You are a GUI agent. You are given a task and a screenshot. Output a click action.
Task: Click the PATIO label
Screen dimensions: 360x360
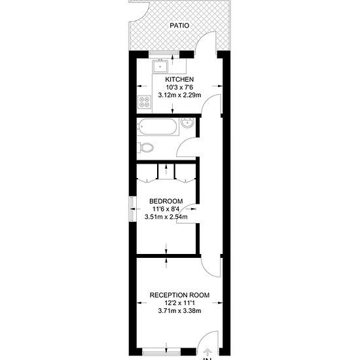click(179, 26)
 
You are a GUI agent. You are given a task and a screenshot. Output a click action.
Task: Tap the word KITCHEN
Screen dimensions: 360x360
click(179, 80)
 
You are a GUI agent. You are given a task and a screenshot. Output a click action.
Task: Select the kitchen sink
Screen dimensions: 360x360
click(160, 65)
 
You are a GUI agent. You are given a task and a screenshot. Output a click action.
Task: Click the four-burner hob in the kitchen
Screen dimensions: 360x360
click(143, 102)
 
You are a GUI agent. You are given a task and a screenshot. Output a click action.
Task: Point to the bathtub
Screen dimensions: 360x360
click(158, 127)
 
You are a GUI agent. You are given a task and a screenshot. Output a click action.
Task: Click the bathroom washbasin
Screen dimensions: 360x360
click(187, 124)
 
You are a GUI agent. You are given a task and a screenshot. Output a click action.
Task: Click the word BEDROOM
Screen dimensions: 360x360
click(166, 202)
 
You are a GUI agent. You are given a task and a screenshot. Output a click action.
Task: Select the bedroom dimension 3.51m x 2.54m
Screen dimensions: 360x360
click(166, 217)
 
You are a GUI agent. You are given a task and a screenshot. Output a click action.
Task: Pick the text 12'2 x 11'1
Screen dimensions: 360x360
click(179, 304)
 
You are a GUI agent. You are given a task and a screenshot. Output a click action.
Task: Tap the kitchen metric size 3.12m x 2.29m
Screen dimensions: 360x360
click(179, 96)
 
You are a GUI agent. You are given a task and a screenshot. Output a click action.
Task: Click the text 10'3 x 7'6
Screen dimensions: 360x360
click(179, 88)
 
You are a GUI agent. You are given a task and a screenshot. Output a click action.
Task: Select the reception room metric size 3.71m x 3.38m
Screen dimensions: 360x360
click(179, 312)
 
